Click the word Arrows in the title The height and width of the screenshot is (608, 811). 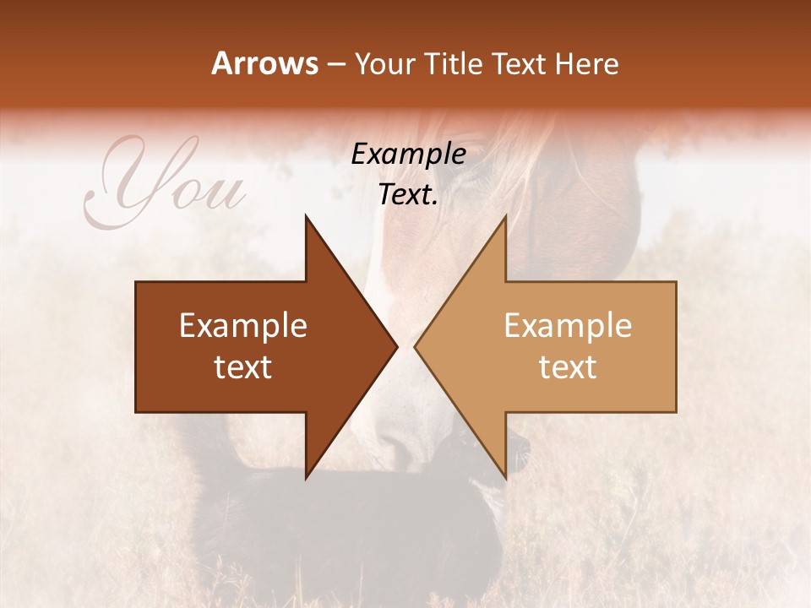pyautogui.click(x=265, y=63)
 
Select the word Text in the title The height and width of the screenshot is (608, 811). pyautogui.click(x=520, y=63)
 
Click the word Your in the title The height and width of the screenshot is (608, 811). pyautogui.click(x=384, y=64)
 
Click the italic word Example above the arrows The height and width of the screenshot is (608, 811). pyautogui.click(x=408, y=155)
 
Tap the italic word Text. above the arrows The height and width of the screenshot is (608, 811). pyautogui.click(x=408, y=194)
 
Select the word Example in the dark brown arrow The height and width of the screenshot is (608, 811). pyautogui.click(x=243, y=326)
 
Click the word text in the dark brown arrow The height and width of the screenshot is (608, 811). pyautogui.click(x=243, y=367)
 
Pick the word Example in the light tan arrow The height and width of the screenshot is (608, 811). pyautogui.click(x=568, y=326)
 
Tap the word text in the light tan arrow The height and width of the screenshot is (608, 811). pyautogui.click(x=568, y=367)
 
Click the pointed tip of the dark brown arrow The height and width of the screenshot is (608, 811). pyautogui.click(x=396, y=347)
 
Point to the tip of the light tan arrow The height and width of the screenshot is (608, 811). pyautogui.click(x=416, y=347)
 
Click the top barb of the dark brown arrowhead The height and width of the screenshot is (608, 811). pyautogui.click(x=307, y=218)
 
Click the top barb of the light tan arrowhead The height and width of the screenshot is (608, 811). pyautogui.click(x=505, y=218)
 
